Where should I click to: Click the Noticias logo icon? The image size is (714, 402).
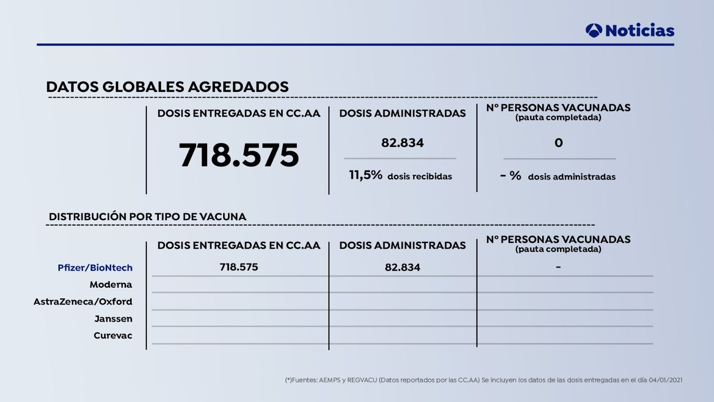[x=594, y=30]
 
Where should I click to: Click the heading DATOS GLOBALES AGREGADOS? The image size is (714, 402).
[x=167, y=87]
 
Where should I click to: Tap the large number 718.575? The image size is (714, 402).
[x=239, y=155]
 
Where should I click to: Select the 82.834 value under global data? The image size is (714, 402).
[x=402, y=143]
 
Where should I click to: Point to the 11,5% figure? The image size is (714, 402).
[x=365, y=175]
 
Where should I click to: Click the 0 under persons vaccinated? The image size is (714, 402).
[x=558, y=143]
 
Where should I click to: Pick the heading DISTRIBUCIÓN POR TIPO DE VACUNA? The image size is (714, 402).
[x=147, y=217]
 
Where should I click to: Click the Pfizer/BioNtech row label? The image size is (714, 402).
[x=95, y=268]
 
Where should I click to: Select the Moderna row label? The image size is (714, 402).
[x=111, y=285]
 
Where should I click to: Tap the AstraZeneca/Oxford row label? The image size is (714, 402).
[x=83, y=301]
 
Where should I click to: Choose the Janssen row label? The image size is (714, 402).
[x=113, y=319]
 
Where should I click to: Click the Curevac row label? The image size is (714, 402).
[x=113, y=335]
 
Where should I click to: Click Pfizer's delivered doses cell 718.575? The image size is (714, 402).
[x=239, y=267]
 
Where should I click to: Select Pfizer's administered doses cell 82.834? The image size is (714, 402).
[x=403, y=268]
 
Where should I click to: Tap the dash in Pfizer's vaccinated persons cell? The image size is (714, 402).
[x=558, y=267]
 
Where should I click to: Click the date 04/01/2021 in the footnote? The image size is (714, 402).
[x=665, y=380]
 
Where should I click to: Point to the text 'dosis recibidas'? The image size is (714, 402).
[x=419, y=176]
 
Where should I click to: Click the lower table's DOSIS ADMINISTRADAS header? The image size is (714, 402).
[x=402, y=245]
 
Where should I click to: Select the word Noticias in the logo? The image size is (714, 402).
[x=639, y=30]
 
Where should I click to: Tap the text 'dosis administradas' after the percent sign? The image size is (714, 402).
[x=572, y=177]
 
